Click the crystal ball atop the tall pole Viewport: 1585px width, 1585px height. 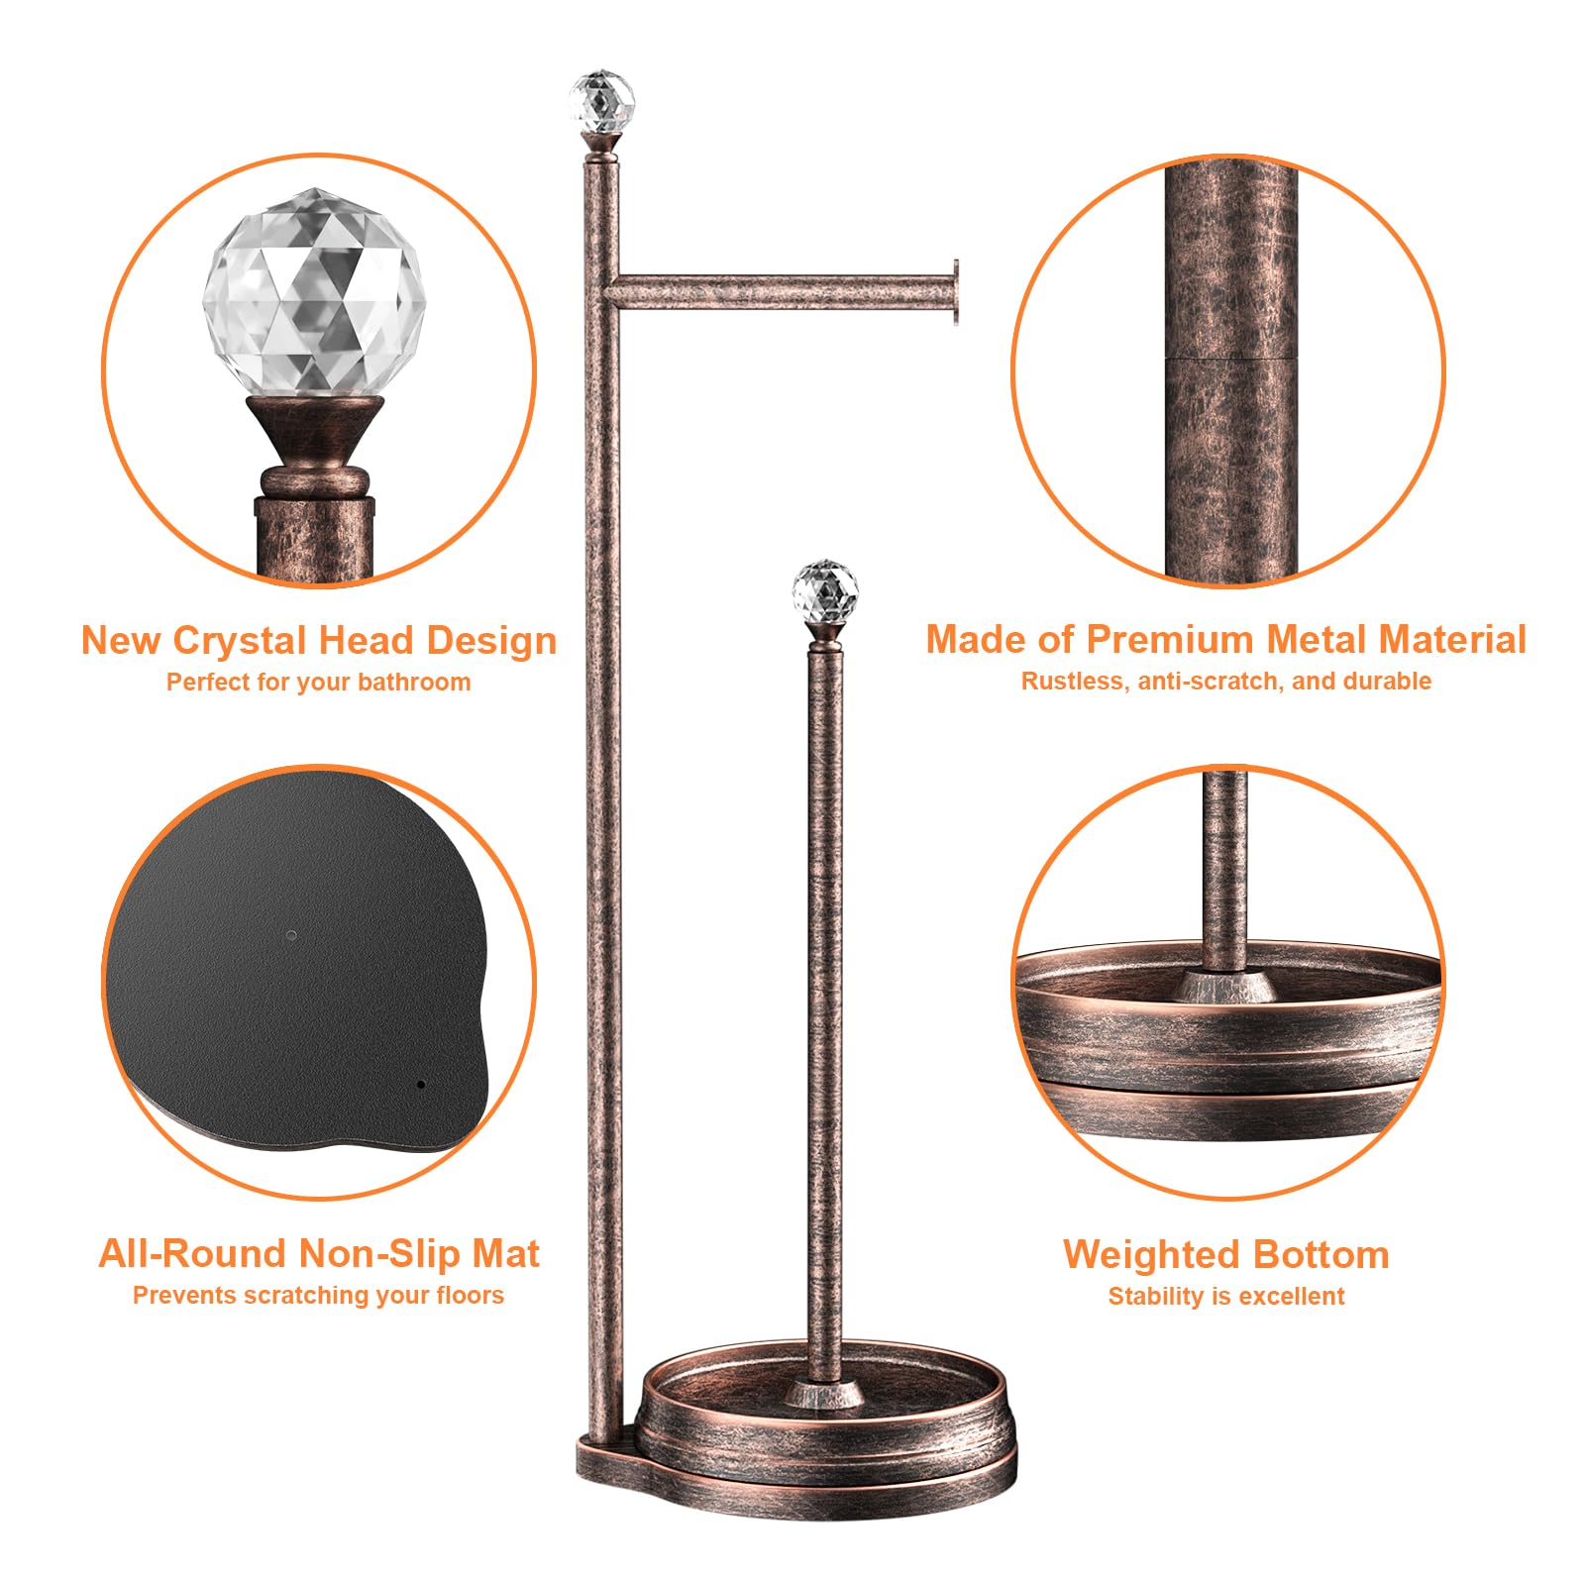[601, 101]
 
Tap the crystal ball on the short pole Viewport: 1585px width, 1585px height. [824, 591]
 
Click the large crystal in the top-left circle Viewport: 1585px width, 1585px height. [315, 293]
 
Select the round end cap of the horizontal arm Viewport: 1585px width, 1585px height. [956, 292]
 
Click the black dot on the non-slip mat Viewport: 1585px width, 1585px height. [421, 1085]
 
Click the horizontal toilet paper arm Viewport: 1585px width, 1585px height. [782, 292]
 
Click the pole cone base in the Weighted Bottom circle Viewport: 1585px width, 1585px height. [1225, 986]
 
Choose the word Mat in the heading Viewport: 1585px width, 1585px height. [505, 1254]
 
